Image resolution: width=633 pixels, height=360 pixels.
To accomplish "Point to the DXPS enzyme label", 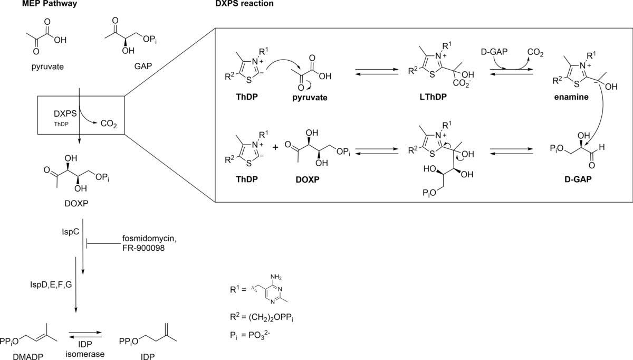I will click(64, 113).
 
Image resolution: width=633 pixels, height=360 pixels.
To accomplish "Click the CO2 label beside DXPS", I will click(108, 125).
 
